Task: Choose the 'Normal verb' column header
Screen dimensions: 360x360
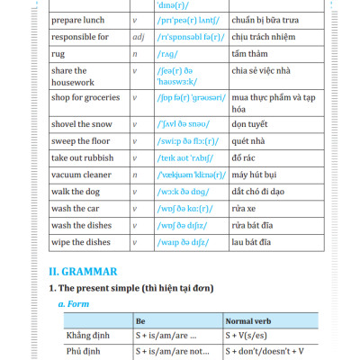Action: (250, 321)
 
